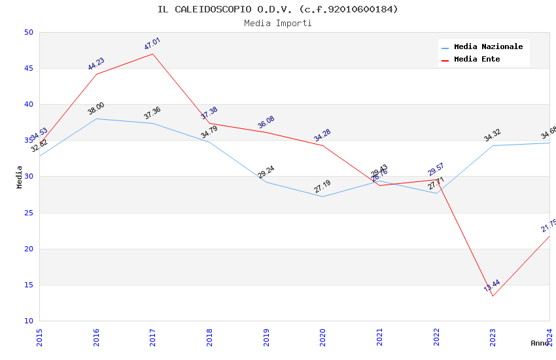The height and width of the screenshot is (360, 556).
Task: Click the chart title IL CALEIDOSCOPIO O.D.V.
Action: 277,9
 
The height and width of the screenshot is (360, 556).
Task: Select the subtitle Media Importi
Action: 277,24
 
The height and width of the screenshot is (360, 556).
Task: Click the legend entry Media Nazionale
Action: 488,47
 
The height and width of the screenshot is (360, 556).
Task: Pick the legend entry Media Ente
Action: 477,60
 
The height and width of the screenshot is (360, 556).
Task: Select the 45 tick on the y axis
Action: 28,69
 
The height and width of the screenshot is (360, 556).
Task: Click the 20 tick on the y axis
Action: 28,249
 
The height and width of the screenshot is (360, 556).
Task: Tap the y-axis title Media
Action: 20,177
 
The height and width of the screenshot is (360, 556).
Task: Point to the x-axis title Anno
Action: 540,343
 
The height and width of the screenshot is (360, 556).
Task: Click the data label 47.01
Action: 152,45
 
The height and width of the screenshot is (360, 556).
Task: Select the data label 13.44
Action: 492,285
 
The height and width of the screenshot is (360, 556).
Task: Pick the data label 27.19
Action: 322,187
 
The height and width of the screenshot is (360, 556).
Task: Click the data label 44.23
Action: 96,64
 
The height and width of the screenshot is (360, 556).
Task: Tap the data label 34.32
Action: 493,135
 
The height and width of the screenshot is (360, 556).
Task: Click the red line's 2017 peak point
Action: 152,54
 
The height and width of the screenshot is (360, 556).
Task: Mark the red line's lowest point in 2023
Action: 493,296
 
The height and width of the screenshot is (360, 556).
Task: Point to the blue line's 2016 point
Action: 96,118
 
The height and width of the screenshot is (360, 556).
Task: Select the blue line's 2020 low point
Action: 323,196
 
